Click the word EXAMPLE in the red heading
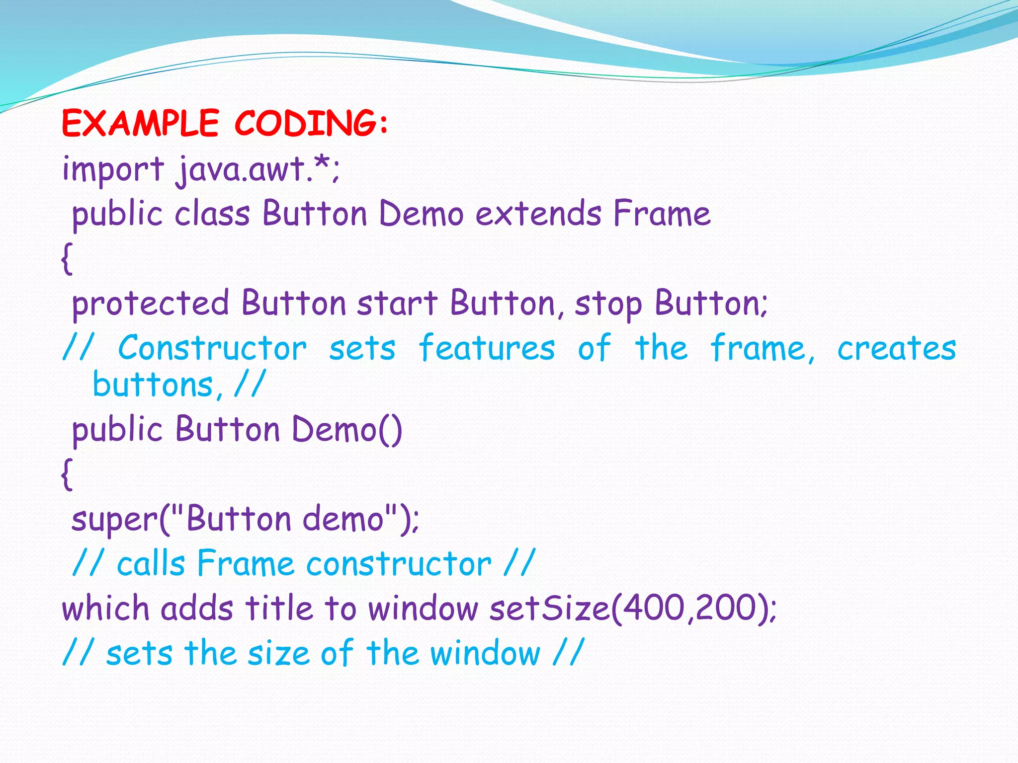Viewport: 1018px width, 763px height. pos(140,123)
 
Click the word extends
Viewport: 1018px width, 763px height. pos(538,214)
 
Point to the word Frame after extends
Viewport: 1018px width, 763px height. pos(662,214)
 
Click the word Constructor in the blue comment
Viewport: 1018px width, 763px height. pos(212,348)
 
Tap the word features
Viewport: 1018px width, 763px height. pos(486,348)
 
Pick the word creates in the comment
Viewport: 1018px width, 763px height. pos(896,348)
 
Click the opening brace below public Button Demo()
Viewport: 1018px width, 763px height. pos(67,474)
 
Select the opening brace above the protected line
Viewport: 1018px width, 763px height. pos(67,258)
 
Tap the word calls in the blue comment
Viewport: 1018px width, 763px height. pos(151,564)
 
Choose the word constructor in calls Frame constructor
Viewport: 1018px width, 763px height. pos(399,564)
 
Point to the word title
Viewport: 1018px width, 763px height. pos(279,609)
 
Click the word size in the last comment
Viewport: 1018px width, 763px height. pos(279,653)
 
